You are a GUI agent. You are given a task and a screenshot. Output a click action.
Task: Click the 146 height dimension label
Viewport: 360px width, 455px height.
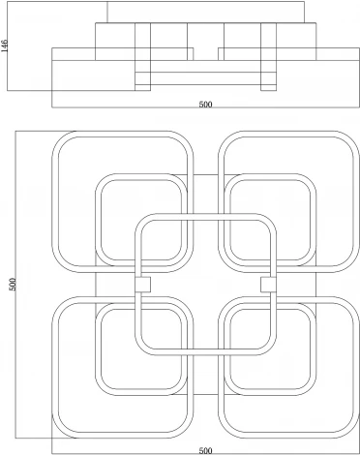click(5, 45)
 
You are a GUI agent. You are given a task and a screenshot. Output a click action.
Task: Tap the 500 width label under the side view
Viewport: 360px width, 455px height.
click(205, 105)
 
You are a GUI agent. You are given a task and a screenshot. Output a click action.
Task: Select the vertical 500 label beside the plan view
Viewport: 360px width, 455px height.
click(13, 285)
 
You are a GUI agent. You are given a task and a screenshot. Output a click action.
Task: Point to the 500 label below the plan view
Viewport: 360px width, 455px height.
click(205, 450)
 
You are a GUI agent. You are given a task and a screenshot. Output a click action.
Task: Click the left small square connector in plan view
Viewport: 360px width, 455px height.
click(142, 285)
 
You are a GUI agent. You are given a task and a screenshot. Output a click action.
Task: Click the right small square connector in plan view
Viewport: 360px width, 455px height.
click(268, 285)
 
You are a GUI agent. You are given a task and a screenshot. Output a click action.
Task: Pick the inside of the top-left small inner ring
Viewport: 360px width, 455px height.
click(141, 220)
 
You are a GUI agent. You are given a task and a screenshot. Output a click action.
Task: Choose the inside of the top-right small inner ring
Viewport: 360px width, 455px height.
click(270, 220)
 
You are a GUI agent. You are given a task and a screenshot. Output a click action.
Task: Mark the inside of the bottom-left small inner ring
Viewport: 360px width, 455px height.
click(141, 349)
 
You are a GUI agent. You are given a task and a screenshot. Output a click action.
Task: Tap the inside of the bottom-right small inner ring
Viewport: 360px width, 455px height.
click(270, 349)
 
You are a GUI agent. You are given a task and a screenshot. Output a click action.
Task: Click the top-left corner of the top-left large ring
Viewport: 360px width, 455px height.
click(58, 137)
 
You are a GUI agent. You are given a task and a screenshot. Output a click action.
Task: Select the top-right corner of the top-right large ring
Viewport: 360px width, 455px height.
click(353, 137)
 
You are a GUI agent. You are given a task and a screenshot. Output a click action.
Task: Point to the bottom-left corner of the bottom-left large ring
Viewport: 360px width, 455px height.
click(58, 432)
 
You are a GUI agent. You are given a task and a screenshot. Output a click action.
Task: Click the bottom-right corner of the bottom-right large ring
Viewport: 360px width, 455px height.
click(353, 432)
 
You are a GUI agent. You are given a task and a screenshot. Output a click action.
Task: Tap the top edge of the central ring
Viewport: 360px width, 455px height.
click(205, 217)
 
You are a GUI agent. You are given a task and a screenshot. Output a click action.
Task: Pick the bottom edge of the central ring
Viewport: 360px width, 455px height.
click(205, 352)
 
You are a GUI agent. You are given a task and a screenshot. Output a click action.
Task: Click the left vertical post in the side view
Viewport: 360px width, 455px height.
click(142, 57)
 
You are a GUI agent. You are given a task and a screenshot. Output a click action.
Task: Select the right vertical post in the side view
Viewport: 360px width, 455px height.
click(268, 57)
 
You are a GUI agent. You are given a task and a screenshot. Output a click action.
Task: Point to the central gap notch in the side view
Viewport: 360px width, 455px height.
click(205, 54)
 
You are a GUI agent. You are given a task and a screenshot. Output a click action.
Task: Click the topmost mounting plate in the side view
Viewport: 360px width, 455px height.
click(205, 12)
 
